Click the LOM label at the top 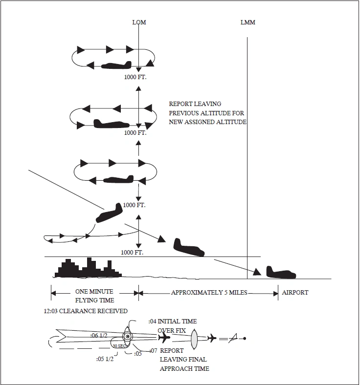click(139, 22)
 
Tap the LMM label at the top click(247, 22)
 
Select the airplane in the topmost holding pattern click(116, 65)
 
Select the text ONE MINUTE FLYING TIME click(94, 296)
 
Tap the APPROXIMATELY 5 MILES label click(209, 293)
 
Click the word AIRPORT click(295, 293)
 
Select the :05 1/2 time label click(106, 358)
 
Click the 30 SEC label click(119, 346)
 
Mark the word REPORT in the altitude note click(181, 104)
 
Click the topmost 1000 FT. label click(135, 77)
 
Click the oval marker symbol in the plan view click(194, 338)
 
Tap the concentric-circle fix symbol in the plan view click(127, 337)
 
